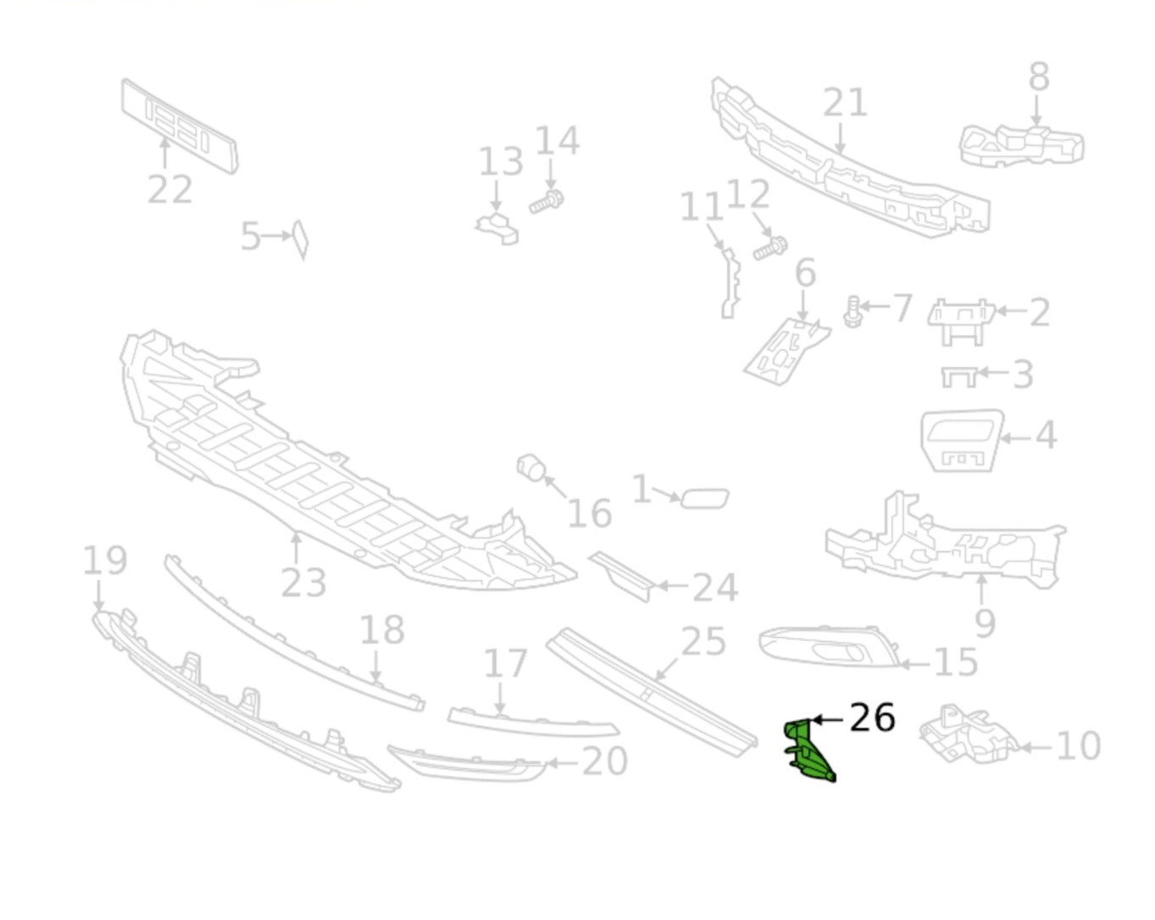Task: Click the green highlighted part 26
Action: click(807, 748)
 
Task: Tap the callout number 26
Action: click(871, 718)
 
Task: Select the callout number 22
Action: click(169, 189)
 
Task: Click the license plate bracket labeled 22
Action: click(179, 126)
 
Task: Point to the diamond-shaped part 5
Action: click(300, 239)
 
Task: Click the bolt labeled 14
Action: click(547, 203)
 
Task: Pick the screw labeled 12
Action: click(770, 248)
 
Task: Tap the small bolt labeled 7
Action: click(853, 312)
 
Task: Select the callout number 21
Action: click(845, 103)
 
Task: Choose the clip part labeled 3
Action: click(958, 376)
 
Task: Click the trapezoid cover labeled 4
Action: click(961, 439)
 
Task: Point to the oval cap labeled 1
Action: click(704, 498)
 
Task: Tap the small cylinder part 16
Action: click(531, 467)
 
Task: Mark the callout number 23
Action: click(303, 583)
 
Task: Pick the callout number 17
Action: click(505, 663)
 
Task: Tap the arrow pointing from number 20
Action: click(561, 763)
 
